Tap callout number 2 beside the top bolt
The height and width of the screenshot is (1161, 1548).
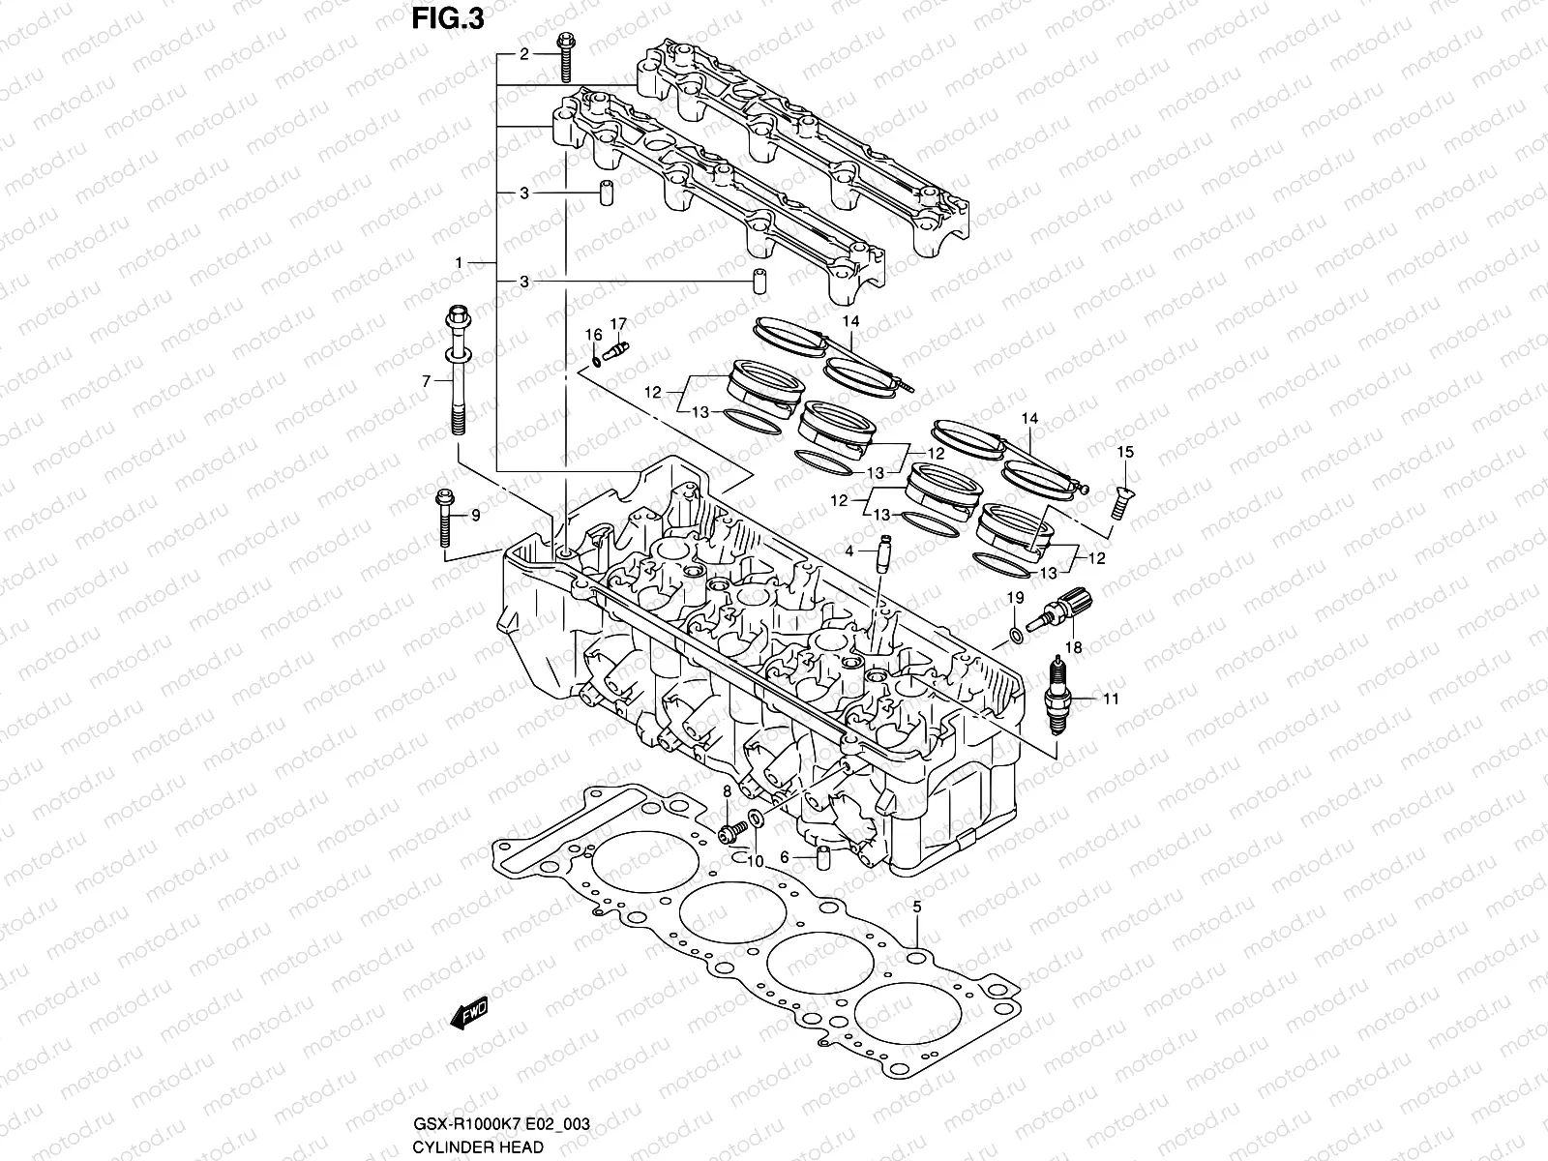(x=524, y=54)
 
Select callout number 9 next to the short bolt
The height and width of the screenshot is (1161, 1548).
(x=475, y=516)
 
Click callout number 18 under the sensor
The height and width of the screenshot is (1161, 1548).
(x=1074, y=646)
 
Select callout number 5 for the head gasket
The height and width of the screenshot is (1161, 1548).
(x=916, y=907)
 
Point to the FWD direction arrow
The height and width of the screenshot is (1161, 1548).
(x=470, y=1014)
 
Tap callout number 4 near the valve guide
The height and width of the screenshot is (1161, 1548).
(x=848, y=551)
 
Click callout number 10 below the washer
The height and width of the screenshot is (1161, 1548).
(x=756, y=861)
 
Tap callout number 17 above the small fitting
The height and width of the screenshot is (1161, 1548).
(x=618, y=323)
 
